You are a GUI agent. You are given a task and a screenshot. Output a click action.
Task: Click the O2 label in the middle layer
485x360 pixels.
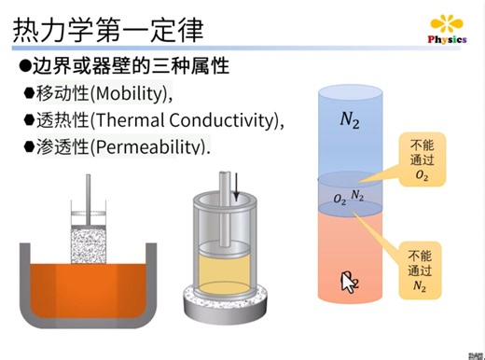(x=339, y=200)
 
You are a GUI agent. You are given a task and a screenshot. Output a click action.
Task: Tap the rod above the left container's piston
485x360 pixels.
(x=91, y=201)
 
